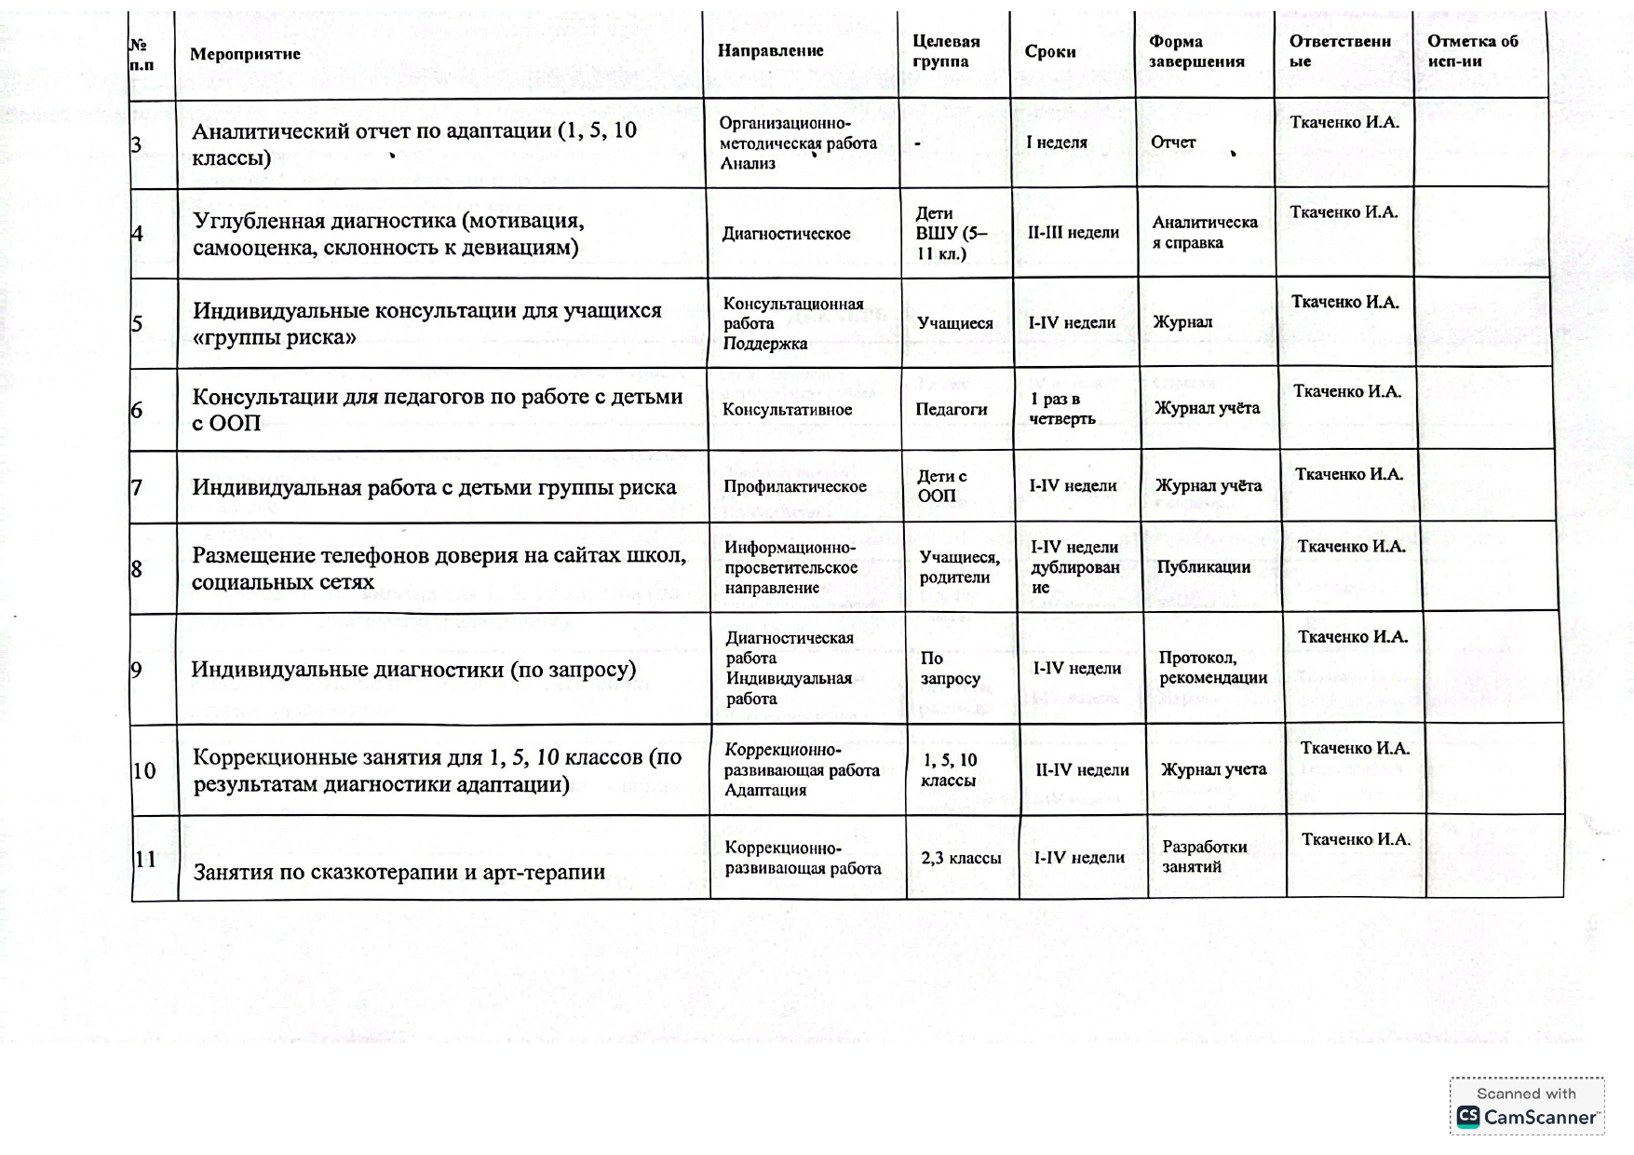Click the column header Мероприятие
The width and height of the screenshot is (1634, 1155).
click(245, 54)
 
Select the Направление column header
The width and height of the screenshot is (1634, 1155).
click(770, 51)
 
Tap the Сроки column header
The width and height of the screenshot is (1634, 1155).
click(1050, 52)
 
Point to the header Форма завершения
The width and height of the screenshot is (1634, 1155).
click(1195, 52)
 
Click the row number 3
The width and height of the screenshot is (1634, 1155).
click(137, 144)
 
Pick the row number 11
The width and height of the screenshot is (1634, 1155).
click(145, 859)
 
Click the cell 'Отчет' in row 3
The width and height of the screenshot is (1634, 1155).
click(1173, 143)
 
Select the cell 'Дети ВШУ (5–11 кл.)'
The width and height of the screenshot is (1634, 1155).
click(951, 233)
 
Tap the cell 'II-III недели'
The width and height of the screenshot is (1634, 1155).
click(1073, 233)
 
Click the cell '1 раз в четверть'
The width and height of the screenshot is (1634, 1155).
click(1061, 409)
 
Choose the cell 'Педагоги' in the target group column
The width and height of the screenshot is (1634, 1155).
click(951, 409)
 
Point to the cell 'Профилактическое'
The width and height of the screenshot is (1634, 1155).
click(794, 486)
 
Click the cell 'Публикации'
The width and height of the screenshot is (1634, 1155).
click(1203, 567)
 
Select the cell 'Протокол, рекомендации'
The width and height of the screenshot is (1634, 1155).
click(1212, 668)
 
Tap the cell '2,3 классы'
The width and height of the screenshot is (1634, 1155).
click(961, 858)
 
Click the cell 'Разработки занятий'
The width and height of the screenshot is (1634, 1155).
click(1204, 857)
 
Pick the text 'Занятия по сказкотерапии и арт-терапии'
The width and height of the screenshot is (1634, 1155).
click(398, 873)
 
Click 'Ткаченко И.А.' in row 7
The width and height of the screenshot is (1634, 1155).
click(1348, 475)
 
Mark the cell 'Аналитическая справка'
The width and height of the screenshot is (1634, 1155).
click(1204, 233)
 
